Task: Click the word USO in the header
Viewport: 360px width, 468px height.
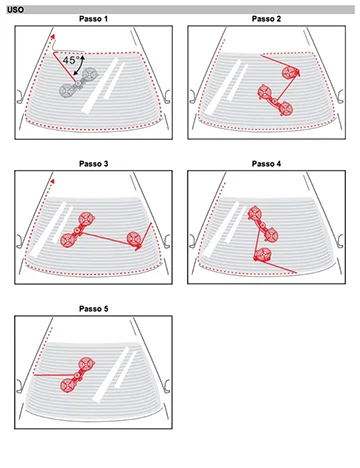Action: click(16, 10)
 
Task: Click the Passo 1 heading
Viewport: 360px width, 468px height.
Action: click(93, 19)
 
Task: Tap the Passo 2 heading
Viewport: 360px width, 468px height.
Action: click(266, 19)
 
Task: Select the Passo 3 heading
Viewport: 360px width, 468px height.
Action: click(93, 164)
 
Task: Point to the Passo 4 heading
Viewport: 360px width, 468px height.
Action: click(266, 164)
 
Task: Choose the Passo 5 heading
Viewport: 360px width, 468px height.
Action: click(93, 309)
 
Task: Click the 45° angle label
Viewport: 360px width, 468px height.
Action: click(71, 60)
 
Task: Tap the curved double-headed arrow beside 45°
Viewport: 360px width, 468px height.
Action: click(80, 65)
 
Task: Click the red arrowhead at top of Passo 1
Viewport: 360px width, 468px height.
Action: click(52, 36)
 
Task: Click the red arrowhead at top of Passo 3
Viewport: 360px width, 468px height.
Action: click(52, 181)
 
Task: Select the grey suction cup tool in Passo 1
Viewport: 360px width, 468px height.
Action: click(79, 82)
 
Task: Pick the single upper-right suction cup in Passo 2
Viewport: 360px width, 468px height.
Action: click(290, 73)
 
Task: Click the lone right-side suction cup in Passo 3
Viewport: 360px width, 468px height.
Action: click(134, 239)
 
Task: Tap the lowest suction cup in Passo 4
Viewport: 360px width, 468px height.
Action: click(262, 255)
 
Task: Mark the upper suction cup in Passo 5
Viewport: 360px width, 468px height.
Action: click(86, 363)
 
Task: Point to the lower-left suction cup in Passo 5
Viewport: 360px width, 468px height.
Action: click(68, 385)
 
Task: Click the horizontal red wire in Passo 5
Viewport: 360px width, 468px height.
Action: click(56, 375)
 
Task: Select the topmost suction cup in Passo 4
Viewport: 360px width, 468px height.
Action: click(255, 213)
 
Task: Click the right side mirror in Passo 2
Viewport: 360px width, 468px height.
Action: click(340, 96)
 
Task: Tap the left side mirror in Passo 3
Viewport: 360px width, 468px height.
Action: click(20, 241)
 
